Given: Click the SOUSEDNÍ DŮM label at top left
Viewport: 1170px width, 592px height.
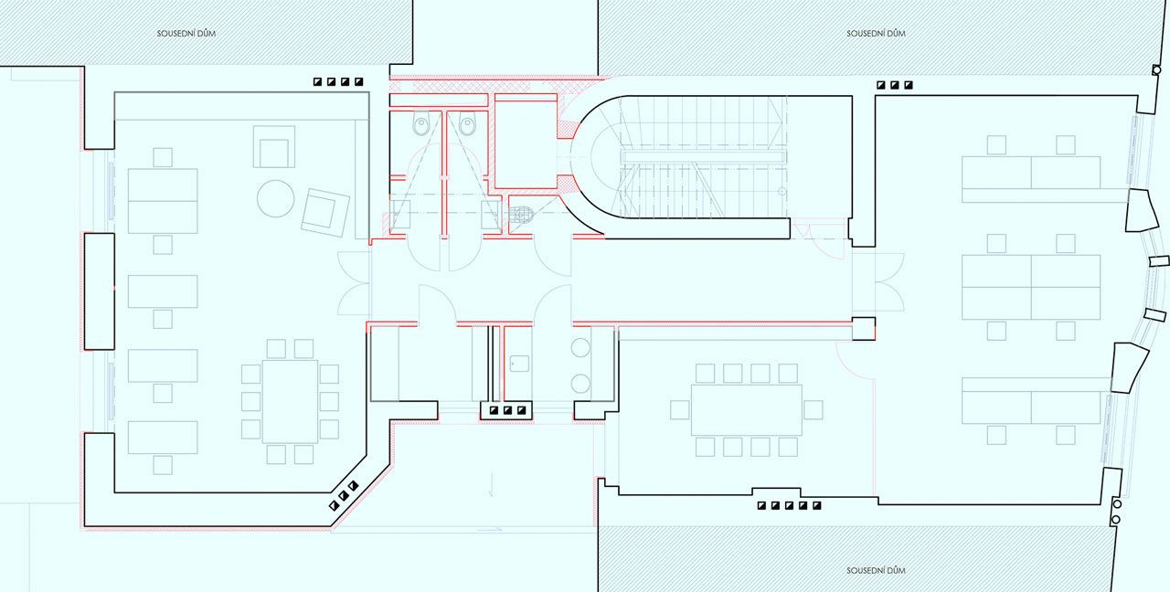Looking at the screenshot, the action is coord(186,34).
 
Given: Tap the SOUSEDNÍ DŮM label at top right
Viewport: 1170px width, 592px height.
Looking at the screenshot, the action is coord(876,34).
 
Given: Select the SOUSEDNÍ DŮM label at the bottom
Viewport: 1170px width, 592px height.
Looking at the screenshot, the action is coord(876,571).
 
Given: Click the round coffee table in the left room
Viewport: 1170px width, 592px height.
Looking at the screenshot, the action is coord(276,198).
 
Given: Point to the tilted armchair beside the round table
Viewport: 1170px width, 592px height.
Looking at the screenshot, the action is coord(324,213).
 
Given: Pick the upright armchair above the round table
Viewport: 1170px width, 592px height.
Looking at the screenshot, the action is coord(273,146).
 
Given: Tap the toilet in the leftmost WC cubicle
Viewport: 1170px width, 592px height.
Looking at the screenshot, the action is coord(420,124).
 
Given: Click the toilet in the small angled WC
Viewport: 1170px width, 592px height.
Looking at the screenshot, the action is coord(521,215).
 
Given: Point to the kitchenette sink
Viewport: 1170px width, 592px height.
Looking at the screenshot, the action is coord(519,364).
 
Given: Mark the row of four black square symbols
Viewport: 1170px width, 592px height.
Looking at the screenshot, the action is coord(338,82).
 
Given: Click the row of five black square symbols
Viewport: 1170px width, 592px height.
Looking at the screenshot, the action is coord(789,505).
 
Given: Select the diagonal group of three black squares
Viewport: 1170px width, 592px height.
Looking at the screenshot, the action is coord(343,495).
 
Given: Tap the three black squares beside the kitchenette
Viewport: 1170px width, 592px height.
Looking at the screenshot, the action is coord(507,411).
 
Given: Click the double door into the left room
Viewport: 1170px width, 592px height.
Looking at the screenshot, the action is coord(354,283).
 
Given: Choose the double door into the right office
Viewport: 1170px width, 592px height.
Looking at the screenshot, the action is coord(878,282).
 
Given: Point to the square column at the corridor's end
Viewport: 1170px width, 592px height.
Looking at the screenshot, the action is coord(864,329).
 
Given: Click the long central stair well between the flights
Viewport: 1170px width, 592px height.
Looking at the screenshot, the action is coord(704,156).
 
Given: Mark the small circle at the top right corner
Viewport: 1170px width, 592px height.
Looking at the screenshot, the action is coord(1156,70).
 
